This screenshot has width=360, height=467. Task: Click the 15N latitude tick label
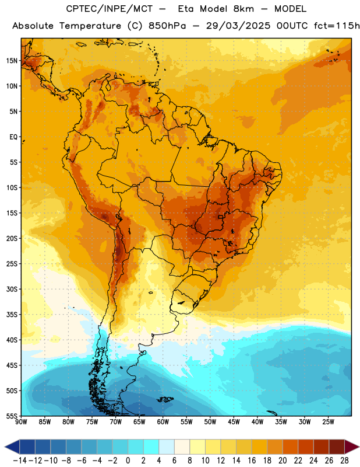tap(12, 61)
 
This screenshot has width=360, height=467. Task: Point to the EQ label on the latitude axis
tap(13, 137)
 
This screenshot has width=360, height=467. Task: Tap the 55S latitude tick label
tap(12, 416)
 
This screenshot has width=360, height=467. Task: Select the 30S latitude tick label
tap(12, 289)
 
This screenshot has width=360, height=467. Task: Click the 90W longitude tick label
tap(22, 422)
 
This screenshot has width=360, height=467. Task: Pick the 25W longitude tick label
tap(328, 422)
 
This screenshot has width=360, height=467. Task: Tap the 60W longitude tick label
tap(163, 422)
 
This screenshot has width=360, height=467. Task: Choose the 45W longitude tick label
tap(234, 422)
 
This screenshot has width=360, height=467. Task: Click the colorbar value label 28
tap(344, 461)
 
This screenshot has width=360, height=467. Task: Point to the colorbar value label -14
tap(20, 461)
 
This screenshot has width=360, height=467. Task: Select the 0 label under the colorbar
tap(128, 461)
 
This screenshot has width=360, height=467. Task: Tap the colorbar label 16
tap(252, 461)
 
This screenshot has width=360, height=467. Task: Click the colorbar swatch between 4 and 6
tap(167, 447)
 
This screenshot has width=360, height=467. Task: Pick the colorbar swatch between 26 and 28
tap(337, 447)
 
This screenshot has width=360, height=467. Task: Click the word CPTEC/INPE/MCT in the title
tap(109, 9)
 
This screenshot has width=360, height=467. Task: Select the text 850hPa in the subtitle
tap(167, 26)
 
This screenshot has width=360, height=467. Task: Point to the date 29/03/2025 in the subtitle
tap(238, 26)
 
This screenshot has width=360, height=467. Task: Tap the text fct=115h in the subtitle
tap(337, 26)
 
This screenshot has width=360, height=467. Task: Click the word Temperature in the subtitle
tap(90, 26)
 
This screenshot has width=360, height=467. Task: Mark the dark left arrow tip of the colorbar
tap(5, 447)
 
